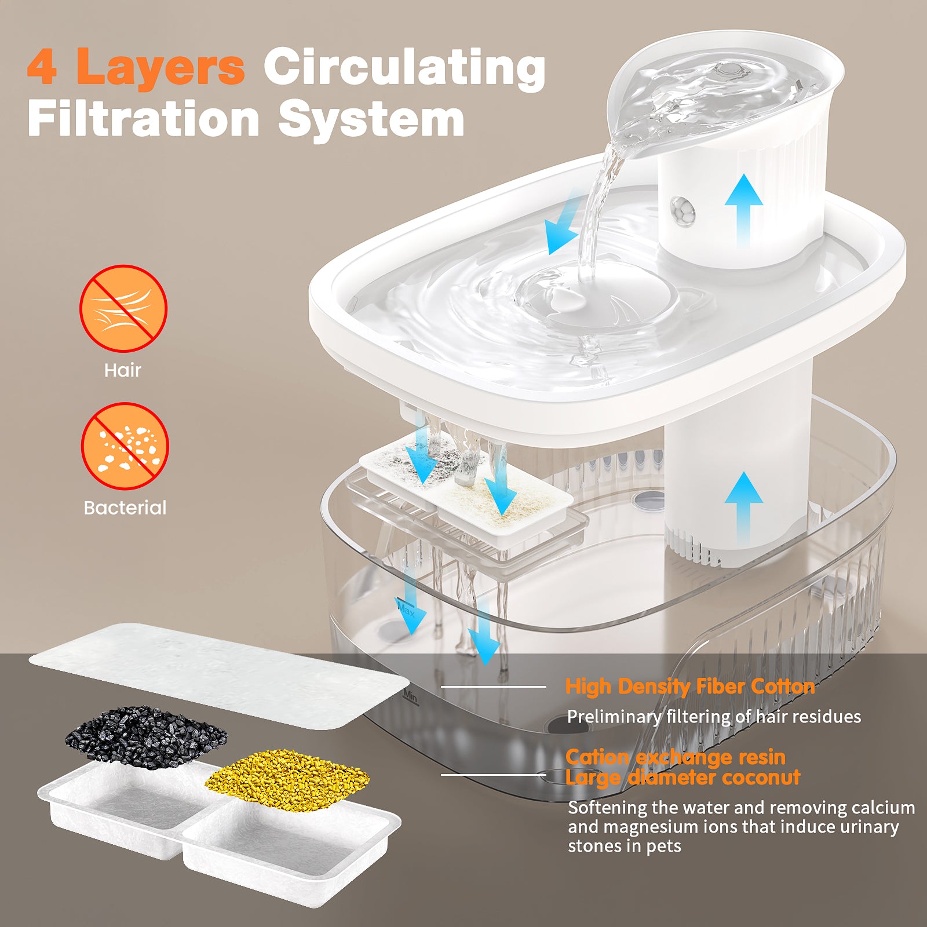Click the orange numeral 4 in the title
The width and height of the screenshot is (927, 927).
(x=42, y=67)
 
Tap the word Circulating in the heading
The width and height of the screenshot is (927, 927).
(x=404, y=67)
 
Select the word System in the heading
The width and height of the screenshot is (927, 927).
(x=371, y=119)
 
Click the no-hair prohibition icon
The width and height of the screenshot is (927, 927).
(x=123, y=308)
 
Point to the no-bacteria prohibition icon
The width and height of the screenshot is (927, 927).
(x=125, y=446)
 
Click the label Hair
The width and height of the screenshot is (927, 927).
(x=122, y=370)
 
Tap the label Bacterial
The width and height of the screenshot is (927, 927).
(x=125, y=508)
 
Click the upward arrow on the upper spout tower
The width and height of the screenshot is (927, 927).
(x=743, y=210)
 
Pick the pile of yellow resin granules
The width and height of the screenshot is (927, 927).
(x=287, y=775)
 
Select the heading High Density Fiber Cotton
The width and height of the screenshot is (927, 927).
(x=690, y=687)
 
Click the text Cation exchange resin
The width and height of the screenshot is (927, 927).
(x=676, y=757)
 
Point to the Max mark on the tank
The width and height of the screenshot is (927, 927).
(x=406, y=610)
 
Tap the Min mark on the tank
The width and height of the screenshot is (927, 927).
(x=410, y=696)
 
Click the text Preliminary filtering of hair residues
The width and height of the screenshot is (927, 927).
(x=714, y=717)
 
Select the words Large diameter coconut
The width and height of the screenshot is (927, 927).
(x=683, y=778)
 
